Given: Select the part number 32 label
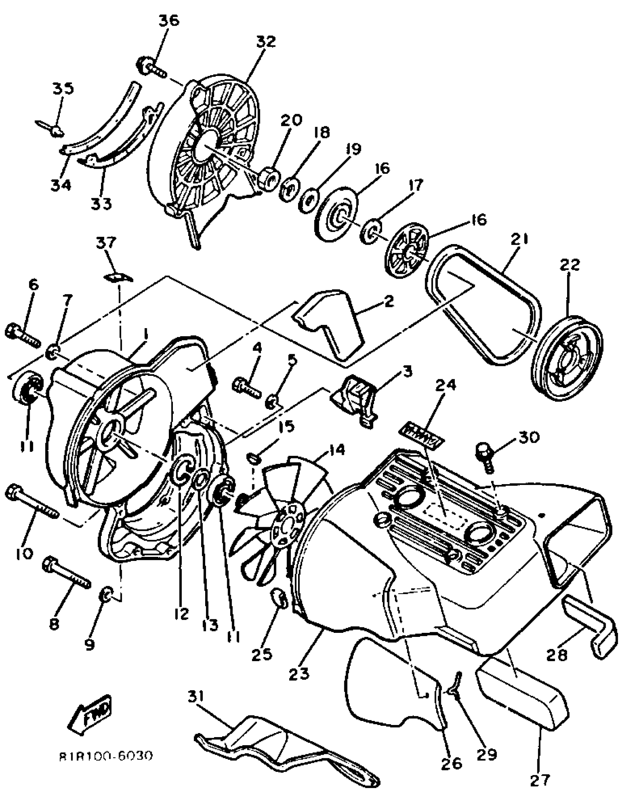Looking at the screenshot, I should pos(266,41).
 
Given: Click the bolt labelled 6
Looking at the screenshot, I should pos(22,334).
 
